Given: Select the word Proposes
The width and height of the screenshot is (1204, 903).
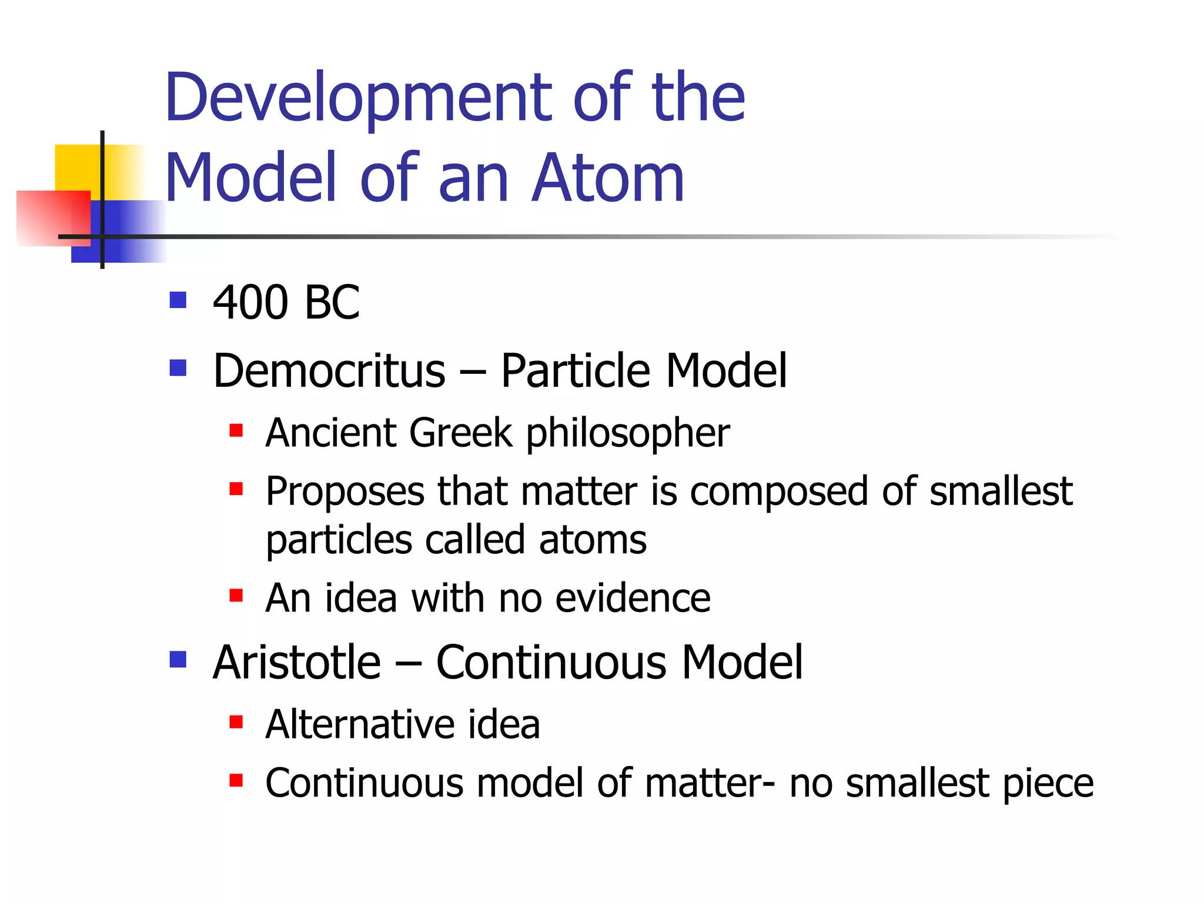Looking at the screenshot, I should pos(345,493).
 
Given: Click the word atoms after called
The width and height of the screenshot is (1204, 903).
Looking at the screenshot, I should pos(593,540).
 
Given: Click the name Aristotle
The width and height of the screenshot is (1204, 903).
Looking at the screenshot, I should pos(297,663).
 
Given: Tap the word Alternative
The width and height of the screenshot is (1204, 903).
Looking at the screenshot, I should pos(359,724).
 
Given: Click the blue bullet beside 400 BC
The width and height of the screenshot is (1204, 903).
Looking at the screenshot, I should pos(178,300).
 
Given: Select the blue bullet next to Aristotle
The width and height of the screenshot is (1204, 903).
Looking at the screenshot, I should pos(178,660).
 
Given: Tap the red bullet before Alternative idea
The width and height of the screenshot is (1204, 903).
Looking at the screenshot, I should pos(236,722).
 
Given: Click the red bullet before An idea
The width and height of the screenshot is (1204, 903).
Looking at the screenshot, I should pos(236,596).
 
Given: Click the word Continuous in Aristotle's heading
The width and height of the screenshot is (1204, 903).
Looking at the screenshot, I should pos(551,663).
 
